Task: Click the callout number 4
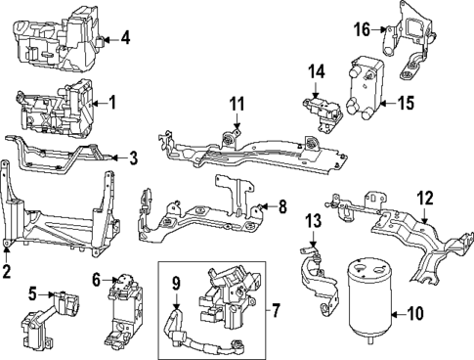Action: pos(125,39)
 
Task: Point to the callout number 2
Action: pos(8,271)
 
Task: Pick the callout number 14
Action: pos(315,71)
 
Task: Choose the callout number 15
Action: pos(407,101)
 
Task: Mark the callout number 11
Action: pos(236,105)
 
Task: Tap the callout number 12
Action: pos(424,197)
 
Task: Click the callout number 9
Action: pos(177,285)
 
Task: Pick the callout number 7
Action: pos(275,312)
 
